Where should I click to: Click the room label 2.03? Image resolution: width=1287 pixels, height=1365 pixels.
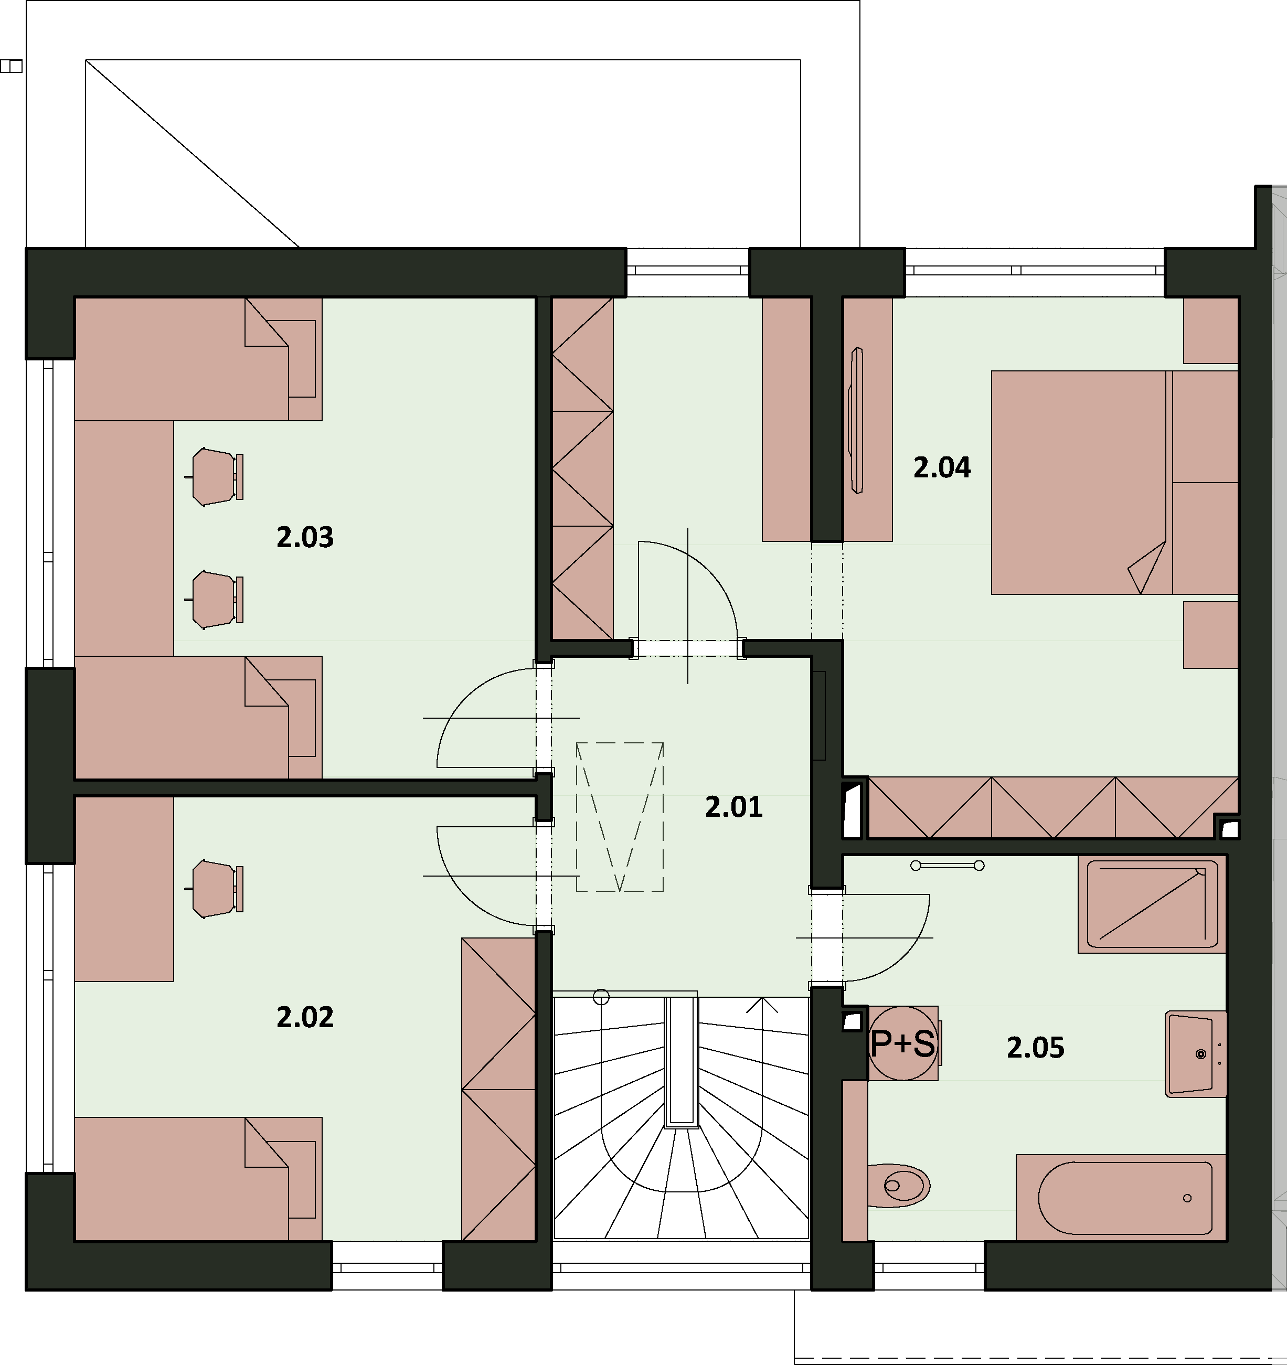(x=305, y=537)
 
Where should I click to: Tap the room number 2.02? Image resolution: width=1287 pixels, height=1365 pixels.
(x=305, y=1017)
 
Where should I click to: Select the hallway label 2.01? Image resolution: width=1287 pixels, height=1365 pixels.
(x=733, y=807)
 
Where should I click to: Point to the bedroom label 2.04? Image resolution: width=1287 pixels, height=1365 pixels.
(x=942, y=467)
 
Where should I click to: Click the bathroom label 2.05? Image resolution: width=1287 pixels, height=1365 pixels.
(x=1035, y=1047)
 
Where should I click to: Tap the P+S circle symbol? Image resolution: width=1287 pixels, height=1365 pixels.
(x=902, y=1043)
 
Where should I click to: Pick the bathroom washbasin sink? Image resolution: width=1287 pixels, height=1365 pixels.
(x=1196, y=1054)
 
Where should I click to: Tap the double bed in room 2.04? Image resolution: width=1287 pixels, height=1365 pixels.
(x=1114, y=483)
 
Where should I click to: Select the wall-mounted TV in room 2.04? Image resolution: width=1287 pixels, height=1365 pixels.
(x=856, y=420)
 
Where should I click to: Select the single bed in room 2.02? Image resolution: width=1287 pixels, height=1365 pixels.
(x=198, y=1179)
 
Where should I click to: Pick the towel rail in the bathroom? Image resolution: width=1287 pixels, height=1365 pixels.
(x=947, y=865)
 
